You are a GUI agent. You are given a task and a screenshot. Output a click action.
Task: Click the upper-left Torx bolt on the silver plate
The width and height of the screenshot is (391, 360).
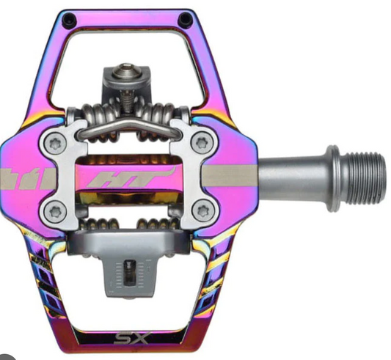pyautogui.click(x=55, y=144)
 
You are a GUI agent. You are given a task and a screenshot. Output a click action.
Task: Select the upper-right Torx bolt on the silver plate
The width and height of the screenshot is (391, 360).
pyautogui.click(x=202, y=143)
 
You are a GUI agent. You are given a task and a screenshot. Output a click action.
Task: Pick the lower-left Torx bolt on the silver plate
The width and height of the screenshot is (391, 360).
pyautogui.click(x=55, y=212)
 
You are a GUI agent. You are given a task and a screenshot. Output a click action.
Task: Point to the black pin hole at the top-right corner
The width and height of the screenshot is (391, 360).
pyautogui.click(x=186, y=19)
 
